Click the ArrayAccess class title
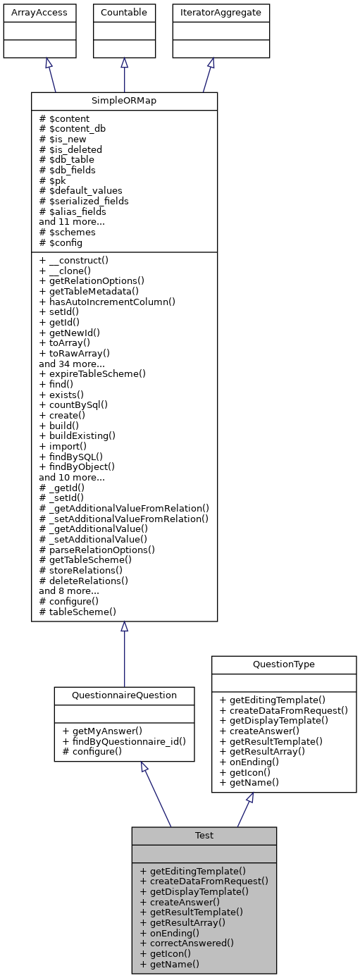30,12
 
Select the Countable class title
124,12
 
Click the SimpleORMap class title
124,101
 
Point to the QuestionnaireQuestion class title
124,695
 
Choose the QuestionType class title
284,664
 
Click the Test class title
204,835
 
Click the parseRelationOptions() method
97,549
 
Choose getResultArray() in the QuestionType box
268,752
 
